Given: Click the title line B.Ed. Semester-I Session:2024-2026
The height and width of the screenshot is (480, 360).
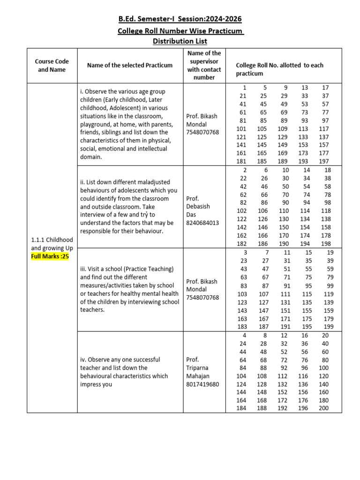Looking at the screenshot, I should click(x=180, y=19).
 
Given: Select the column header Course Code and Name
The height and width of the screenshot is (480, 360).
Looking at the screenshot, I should click(x=52, y=66).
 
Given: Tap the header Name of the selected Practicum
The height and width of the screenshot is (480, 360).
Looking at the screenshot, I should click(x=130, y=66).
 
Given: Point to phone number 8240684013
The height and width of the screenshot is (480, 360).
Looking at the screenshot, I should click(x=202, y=223).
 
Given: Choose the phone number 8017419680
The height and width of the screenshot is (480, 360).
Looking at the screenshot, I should click(x=202, y=384).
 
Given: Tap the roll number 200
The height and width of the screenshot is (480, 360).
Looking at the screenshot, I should click(x=323, y=408).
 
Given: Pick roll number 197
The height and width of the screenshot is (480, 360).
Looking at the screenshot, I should click(x=323, y=161).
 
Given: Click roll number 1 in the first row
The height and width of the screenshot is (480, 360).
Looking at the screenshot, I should click(x=244, y=88).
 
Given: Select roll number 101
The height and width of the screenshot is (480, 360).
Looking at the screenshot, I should click(x=242, y=129).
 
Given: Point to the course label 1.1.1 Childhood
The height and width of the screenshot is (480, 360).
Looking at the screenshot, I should click(x=52, y=240).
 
